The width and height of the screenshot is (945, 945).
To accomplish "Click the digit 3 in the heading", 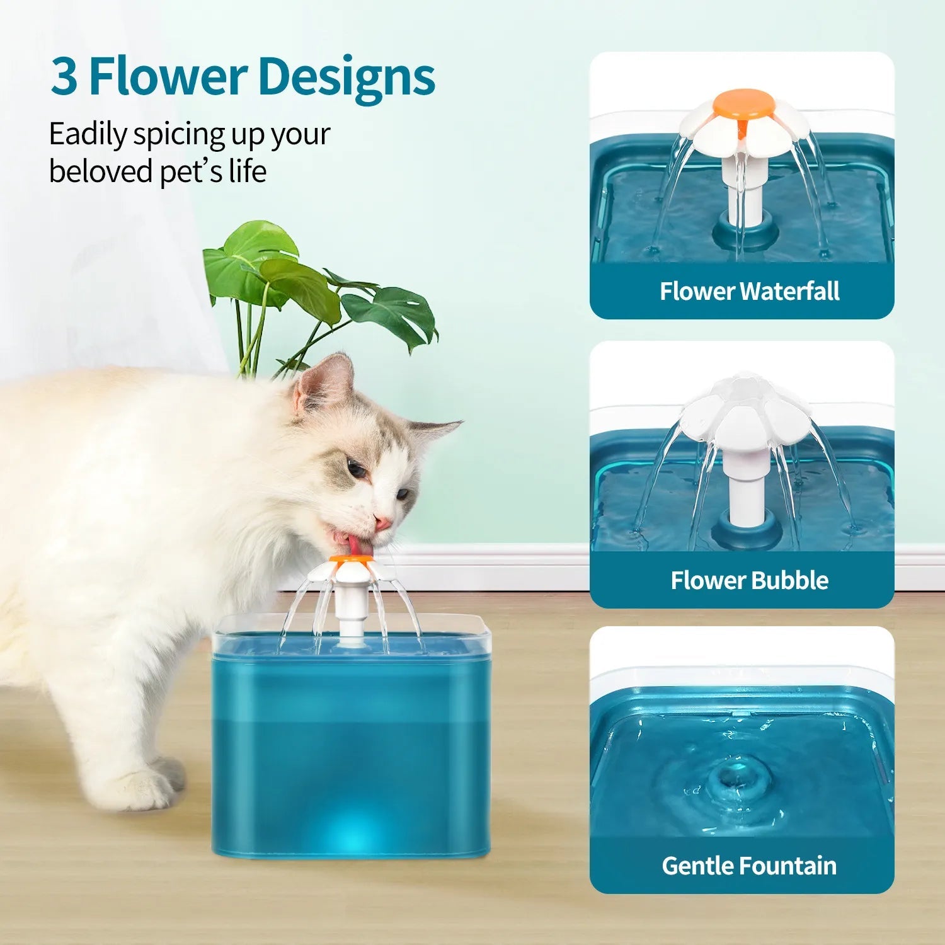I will click(64, 77).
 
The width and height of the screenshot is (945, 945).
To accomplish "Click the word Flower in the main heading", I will click(167, 77).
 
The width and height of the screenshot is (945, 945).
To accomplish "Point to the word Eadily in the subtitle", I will click(88, 135).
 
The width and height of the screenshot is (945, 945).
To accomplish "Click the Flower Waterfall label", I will click(749, 291).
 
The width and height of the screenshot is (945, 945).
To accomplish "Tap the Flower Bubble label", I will click(749, 580).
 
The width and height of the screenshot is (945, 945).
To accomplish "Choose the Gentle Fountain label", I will click(749, 866).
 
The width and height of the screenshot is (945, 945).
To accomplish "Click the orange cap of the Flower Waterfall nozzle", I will click(743, 103).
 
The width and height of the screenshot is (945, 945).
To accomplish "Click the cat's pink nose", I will click(382, 522).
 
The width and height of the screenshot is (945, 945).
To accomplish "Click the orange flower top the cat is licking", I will click(350, 559).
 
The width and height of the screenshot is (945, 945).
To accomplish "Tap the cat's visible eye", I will click(356, 469).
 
